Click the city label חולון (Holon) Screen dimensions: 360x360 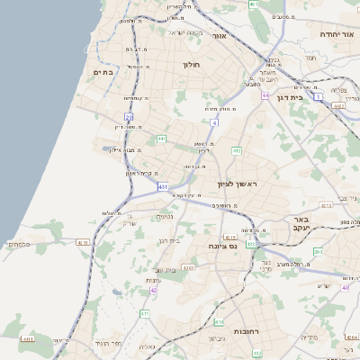pos(190,65)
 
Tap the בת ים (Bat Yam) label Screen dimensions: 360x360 pos(106,71)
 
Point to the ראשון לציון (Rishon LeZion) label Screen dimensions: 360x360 pos(237,184)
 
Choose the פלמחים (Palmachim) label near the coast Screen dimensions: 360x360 pos(18,244)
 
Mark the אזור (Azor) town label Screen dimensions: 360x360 pos(219,37)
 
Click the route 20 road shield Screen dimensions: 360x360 pos(130,117)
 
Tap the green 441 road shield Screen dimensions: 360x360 pos(160,139)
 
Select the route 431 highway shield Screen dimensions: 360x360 pos(163,186)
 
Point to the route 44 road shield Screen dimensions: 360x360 pos(265,94)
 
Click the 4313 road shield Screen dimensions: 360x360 pos(326,205)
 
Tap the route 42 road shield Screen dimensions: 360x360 pos(154,290)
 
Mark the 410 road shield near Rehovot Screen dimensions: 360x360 pos(219,321)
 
